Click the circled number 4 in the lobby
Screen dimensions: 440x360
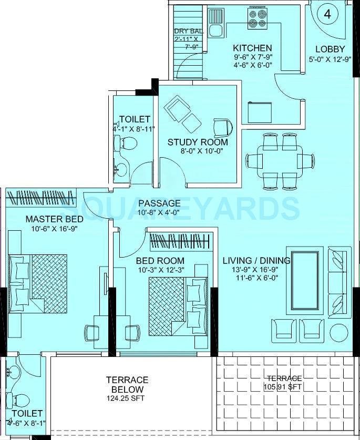tap(328, 14)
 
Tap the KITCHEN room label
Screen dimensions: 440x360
tap(253, 48)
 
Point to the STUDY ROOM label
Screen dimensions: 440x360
tap(198, 142)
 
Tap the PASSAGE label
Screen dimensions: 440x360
tap(159, 203)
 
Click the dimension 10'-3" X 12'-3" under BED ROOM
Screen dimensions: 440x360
tap(160, 270)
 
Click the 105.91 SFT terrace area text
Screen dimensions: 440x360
tap(284, 386)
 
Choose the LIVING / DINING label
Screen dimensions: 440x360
tap(256, 261)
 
